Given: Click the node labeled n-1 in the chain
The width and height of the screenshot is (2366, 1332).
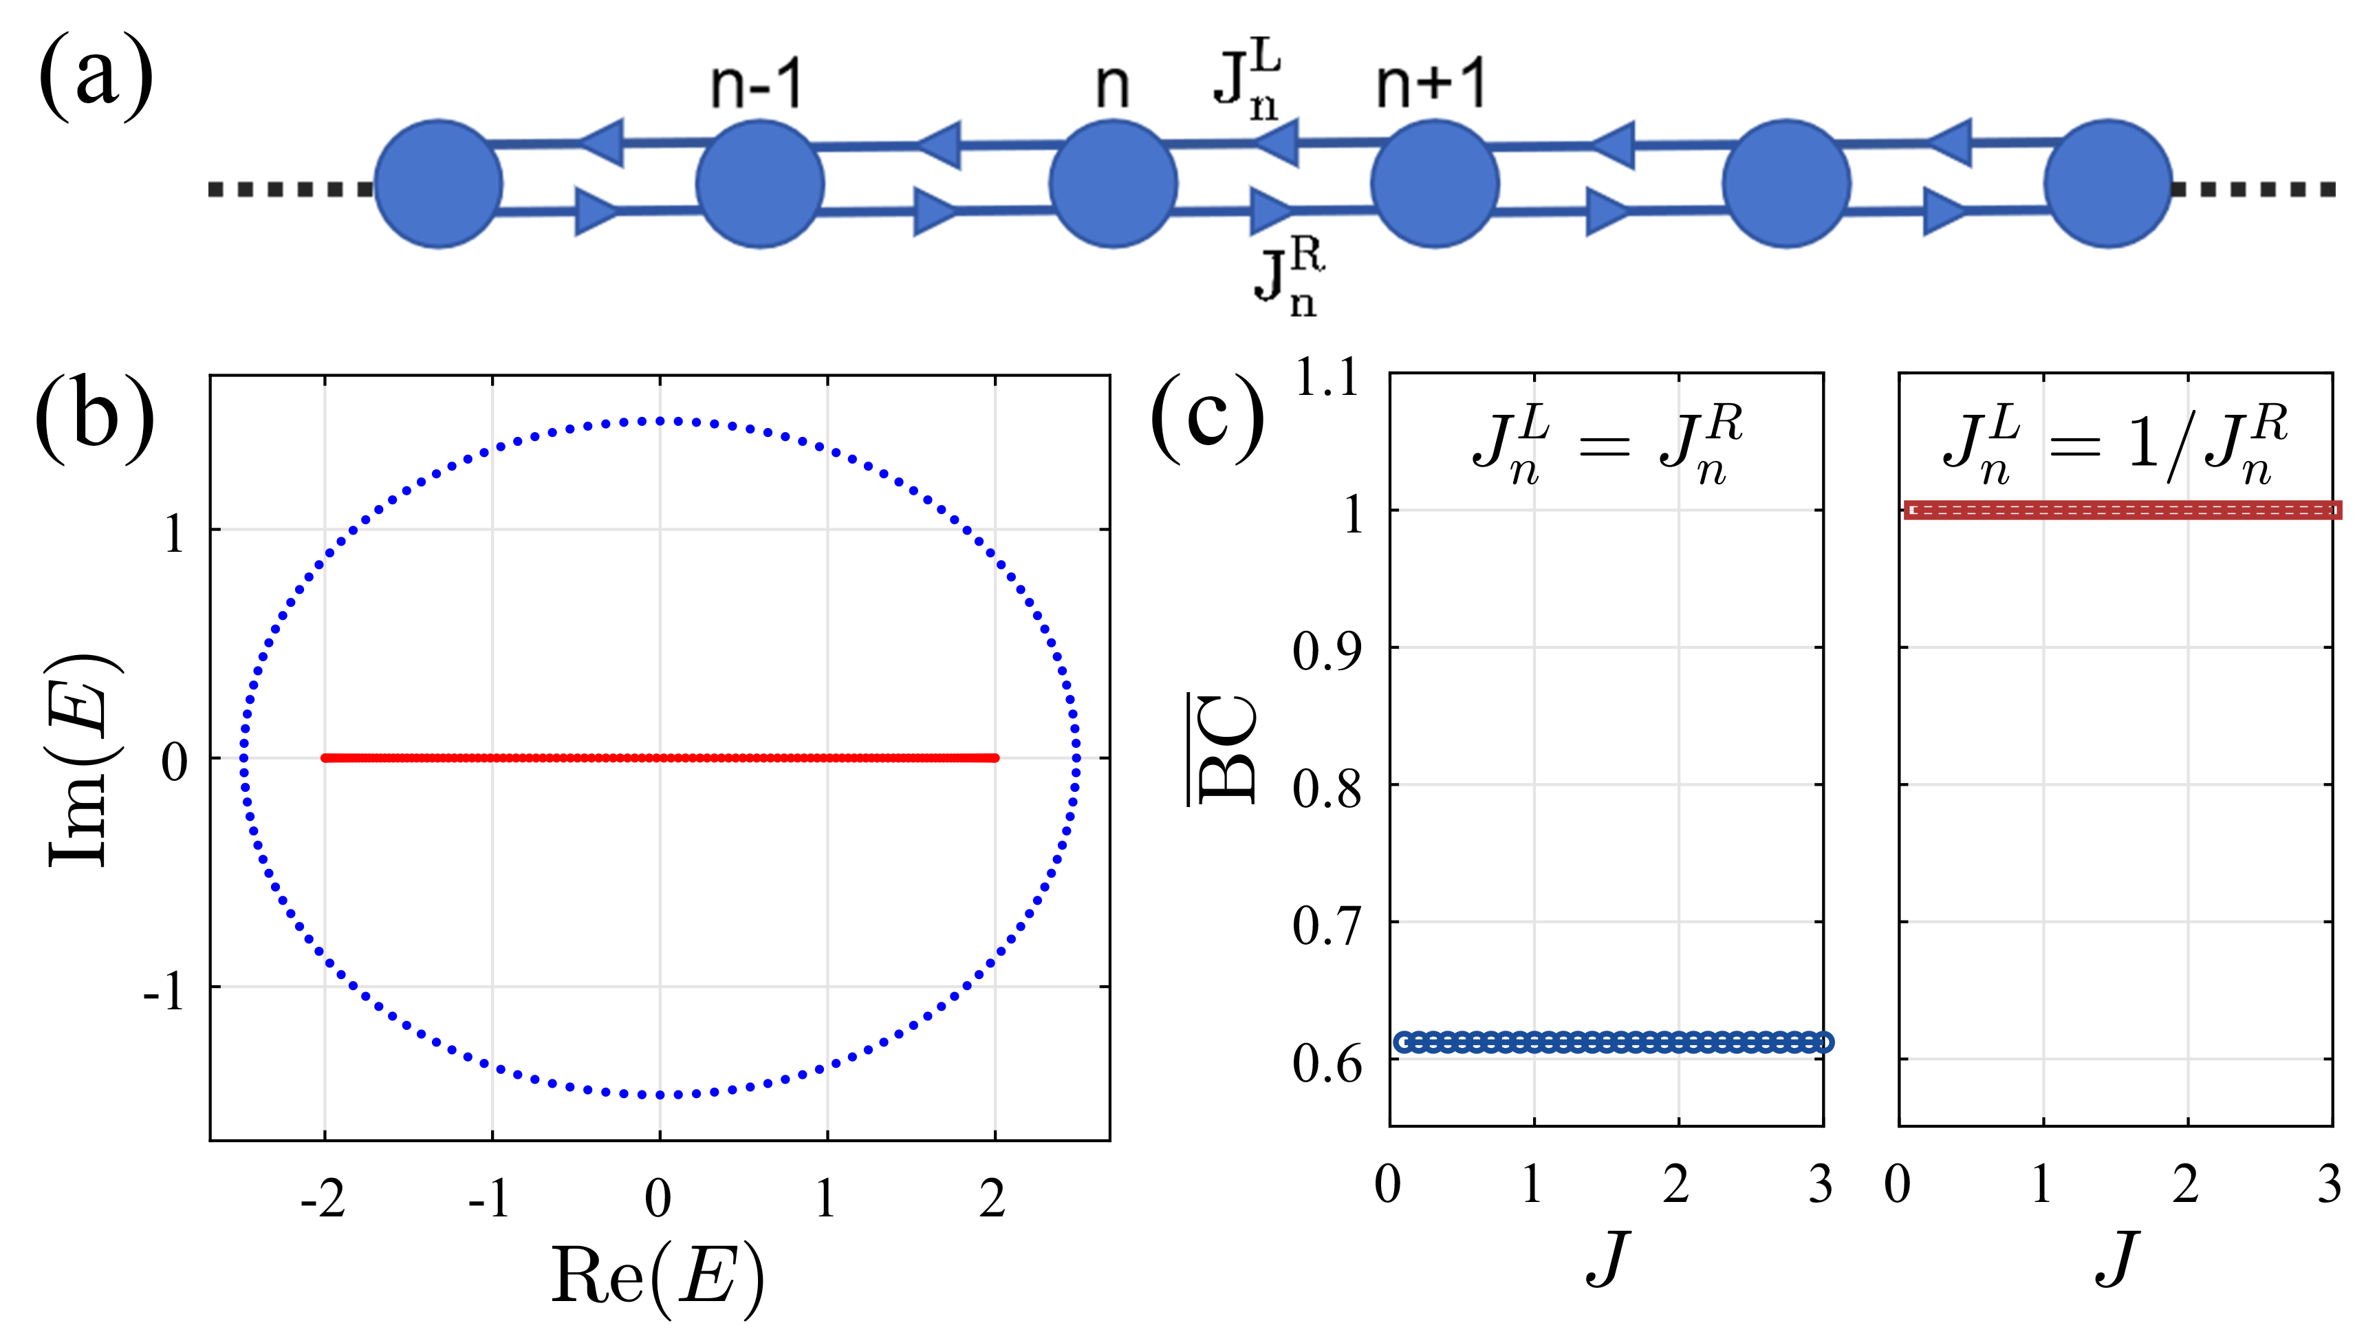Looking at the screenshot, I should click(x=759, y=184).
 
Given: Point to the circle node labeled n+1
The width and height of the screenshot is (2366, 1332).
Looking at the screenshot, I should click(x=1435, y=184).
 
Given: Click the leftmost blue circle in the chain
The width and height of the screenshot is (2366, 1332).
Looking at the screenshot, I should click(x=438, y=184).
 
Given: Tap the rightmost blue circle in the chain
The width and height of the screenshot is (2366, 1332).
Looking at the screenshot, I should click(x=2108, y=184).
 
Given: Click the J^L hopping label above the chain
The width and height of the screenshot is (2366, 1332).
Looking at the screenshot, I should click(x=1246, y=85).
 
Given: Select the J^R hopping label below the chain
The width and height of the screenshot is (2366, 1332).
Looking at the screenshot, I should click(x=1289, y=277).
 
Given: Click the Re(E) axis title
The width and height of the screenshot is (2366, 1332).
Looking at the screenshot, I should click(x=657, y=1278).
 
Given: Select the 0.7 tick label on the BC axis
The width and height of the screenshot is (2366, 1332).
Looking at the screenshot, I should click(x=1326, y=925).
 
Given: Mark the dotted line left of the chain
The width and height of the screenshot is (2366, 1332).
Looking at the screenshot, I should click(x=290, y=189).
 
